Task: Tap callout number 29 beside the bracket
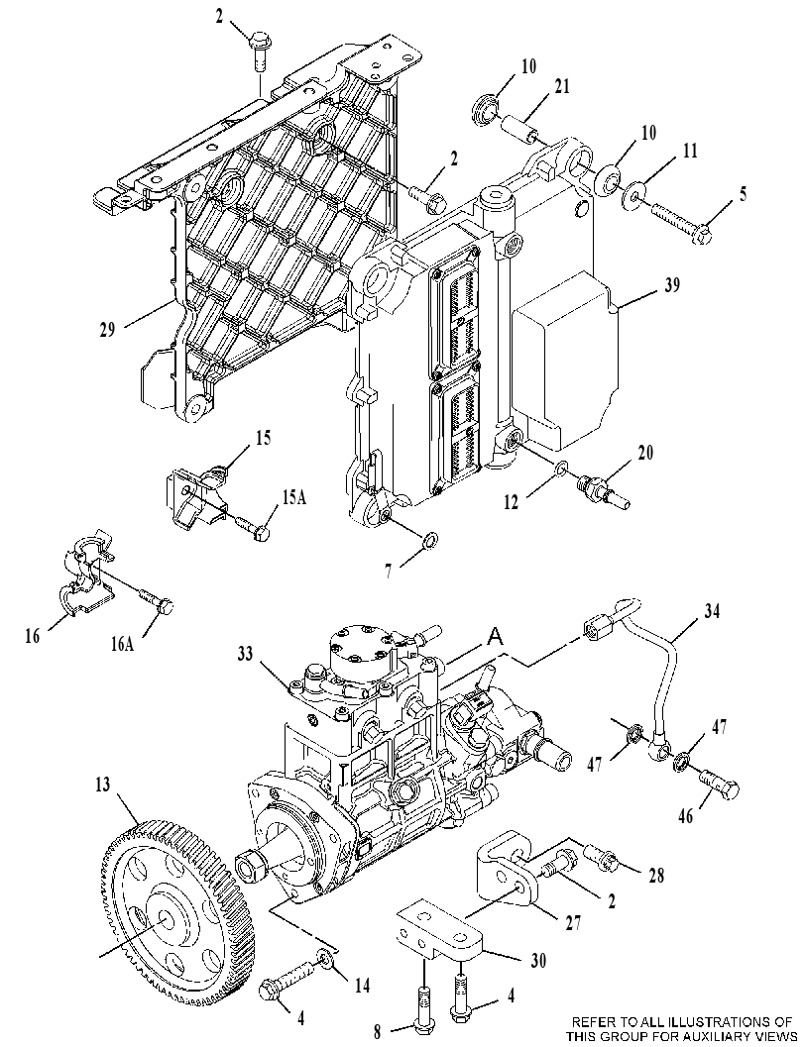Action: [107, 329]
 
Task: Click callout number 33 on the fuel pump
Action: [245, 653]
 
